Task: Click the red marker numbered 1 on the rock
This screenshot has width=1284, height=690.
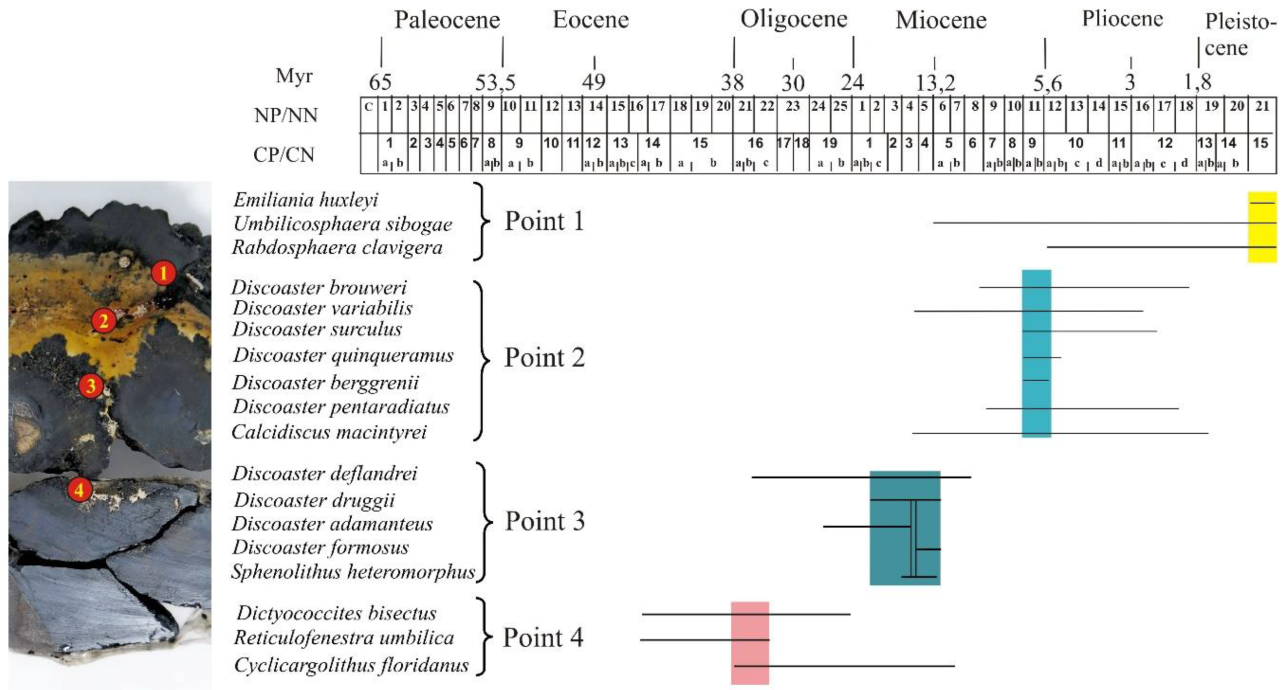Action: point(164,273)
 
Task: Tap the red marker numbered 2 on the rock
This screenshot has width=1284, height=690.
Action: point(103,321)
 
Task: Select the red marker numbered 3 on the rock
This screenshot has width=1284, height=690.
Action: point(91,386)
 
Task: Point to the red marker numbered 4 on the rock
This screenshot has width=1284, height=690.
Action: point(79,490)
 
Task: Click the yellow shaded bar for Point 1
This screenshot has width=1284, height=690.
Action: point(1262,227)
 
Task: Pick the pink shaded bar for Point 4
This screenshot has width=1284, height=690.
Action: point(750,643)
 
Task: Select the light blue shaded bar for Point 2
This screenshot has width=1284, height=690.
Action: point(1036,353)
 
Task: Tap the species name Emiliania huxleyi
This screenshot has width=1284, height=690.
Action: point(305,200)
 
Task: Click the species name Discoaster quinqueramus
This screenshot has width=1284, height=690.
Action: point(343,355)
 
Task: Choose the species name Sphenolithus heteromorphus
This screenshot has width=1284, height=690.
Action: point(353,571)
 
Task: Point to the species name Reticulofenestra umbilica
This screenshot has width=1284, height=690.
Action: point(344,638)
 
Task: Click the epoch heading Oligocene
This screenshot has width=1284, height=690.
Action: point(794,19)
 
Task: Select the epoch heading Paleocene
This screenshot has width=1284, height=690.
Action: point(447,20)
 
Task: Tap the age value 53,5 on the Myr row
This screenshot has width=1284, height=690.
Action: point(495,82)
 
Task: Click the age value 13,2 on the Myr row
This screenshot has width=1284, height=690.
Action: point(935,83)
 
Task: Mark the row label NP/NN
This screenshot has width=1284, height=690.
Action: point(286,115)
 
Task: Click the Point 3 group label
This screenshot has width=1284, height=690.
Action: point(544,521)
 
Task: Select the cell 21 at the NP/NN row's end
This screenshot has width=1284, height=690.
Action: point(1262,106)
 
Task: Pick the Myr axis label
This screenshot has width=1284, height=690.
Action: point(294,76)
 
